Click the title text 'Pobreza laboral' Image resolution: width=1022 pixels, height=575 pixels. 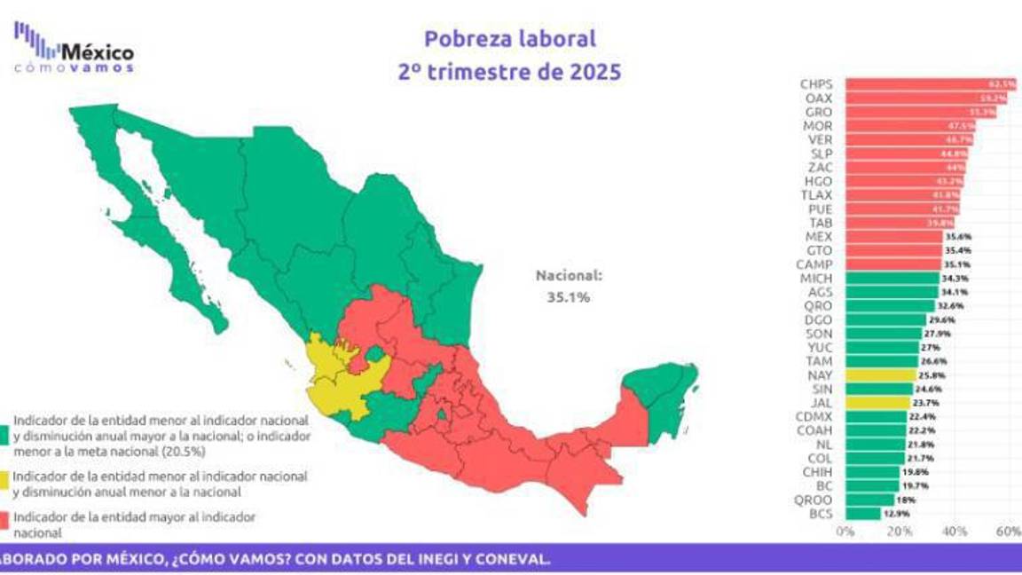point(509,38)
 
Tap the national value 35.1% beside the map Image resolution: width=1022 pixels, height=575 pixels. point(569,297)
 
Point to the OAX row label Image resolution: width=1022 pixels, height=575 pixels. point(816,98)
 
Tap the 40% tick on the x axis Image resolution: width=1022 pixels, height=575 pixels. point(955,532)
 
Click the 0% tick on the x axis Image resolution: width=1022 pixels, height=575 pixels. point(845,532)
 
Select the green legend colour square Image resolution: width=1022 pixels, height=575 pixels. point(6,435)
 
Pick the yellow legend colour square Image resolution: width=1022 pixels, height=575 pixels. point(6,484)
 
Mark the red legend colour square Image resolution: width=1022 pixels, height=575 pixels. point(6,524)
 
